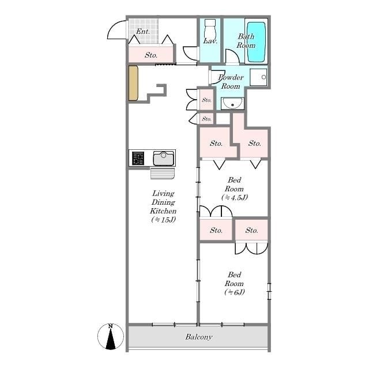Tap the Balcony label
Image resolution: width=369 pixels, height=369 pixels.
(199, 337)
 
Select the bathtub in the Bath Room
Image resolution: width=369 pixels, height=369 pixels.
(256, 42)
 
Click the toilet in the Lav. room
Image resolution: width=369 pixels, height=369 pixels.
(210, 29)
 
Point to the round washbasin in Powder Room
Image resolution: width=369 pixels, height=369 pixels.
(233, 104)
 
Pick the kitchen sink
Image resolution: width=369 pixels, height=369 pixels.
(164, 157)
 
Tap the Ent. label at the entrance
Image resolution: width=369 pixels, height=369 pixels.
(143, 31)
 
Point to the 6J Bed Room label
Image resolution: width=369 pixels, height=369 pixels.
(234, 284)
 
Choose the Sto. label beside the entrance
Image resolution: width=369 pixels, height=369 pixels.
(151, 55)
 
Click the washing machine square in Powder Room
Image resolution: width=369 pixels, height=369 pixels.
(261, 77)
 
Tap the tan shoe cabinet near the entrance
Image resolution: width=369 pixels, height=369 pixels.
(133, 84)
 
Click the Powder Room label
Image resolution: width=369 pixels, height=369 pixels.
(230, 82)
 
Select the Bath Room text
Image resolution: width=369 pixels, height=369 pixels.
(246, 41)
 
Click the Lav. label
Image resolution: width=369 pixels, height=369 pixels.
(209, 42)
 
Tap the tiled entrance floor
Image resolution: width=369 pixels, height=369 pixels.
(138, 28)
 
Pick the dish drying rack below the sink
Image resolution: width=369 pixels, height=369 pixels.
(162, 173)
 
